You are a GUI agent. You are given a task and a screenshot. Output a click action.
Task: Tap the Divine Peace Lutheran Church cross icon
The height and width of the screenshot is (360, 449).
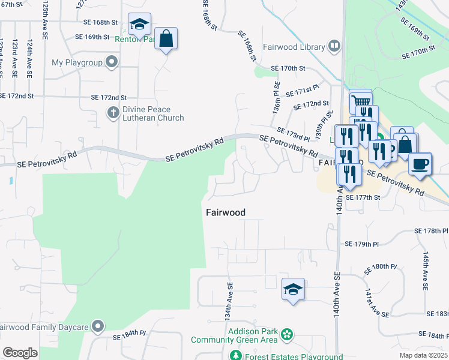coord(113,112)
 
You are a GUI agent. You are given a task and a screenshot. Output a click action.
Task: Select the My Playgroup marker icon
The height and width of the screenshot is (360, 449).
coord(112,62)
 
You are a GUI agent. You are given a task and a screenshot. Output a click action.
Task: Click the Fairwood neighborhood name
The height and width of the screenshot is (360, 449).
coord(226,212)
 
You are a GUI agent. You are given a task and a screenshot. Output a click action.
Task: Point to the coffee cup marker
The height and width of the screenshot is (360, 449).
coord(420,163)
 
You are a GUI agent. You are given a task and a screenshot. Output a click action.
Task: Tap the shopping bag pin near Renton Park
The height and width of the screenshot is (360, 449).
coord(166,39)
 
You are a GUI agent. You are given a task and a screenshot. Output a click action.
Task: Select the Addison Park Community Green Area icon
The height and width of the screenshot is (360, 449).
coord(287,334)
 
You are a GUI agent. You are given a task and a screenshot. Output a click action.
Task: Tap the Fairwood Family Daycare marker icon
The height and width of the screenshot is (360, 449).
coord(97,327)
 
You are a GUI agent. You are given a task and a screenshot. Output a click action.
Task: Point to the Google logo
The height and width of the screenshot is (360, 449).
coord(20,352)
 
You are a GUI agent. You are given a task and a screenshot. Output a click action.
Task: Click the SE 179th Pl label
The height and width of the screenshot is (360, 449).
coord(363,244)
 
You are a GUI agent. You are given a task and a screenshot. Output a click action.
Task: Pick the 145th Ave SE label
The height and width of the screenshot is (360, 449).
coord(424,271)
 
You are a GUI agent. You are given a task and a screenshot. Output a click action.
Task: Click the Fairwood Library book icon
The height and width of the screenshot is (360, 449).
coord(334,46)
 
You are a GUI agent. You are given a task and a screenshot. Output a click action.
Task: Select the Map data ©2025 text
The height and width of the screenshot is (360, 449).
coord(423,355)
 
